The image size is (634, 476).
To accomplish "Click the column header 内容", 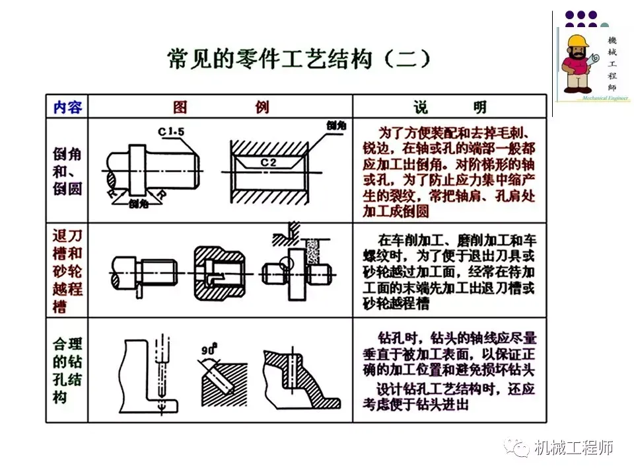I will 67,106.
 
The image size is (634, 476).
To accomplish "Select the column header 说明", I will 450,107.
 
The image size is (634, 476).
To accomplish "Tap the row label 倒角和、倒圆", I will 67,171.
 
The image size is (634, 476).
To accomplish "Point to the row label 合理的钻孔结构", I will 67,370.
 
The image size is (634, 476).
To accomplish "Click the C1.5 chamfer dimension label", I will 171,132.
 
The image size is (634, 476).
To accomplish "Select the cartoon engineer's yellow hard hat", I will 577,41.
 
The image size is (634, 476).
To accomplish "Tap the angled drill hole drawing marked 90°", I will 221,380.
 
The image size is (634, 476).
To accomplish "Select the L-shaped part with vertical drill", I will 149,374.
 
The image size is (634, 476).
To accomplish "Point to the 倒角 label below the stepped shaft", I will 138,203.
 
